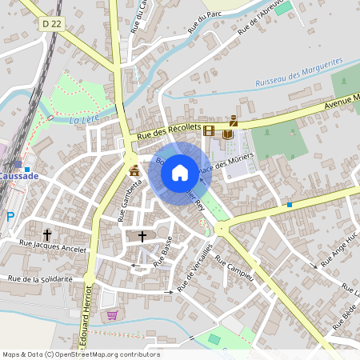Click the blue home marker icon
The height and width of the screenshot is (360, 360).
(x=180, y=172)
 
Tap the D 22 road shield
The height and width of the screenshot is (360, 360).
(x=52, y=24)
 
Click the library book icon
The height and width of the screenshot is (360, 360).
(x=228, y=134)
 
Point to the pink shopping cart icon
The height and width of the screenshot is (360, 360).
(x=111, y=314)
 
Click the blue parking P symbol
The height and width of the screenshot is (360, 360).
(x=10, y=217)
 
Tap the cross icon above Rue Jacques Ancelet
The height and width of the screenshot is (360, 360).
(x=47, y=235)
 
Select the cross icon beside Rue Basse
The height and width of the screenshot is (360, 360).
(x=142, y=237)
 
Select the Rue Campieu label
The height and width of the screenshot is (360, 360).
(x=234, y=270)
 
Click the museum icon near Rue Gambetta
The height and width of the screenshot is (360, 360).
(x=134, y=170)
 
